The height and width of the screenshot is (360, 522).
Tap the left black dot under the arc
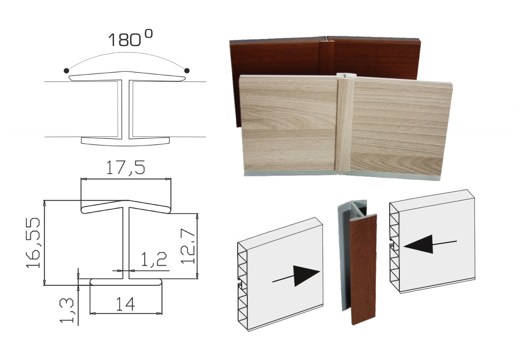point(66,71)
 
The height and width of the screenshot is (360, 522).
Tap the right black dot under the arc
point(187,71)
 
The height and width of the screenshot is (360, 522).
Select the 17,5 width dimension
point(125,168)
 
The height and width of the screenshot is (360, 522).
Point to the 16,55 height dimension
point(33,243)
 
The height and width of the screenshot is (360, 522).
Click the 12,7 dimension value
point(187,246)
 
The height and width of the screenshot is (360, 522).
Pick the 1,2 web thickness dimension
point(154,259)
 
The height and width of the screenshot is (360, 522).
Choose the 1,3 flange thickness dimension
point(67,311)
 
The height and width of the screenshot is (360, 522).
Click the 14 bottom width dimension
point(125,304)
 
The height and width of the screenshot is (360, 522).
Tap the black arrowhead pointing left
point(418,244)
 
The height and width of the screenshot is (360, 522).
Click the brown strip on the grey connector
point(363,270)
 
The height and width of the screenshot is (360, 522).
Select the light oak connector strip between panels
point(344,125)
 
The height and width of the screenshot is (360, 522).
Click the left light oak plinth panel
point(288,123)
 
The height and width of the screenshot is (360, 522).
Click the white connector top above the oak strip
point(346,76)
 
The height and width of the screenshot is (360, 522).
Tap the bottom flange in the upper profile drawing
point(125,141)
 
